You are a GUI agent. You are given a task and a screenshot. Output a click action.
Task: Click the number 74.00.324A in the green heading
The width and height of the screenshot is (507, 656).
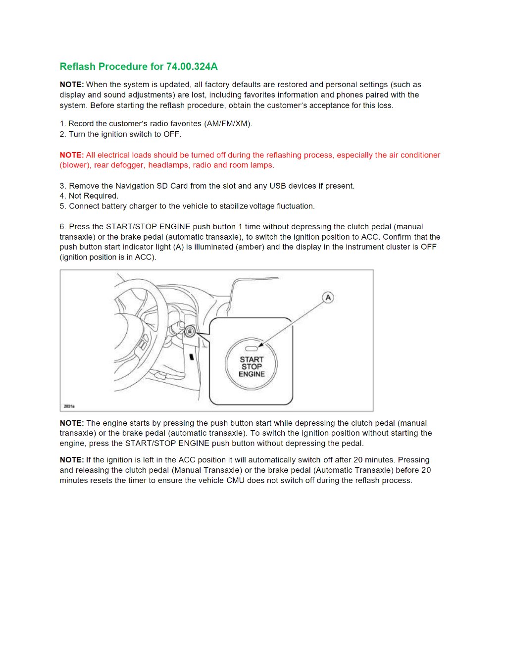[192, 66]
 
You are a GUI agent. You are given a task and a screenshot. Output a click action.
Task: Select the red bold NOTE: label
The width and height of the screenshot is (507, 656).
[72, 155]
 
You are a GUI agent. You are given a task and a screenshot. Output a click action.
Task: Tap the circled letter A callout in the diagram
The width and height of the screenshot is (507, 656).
[328, 298]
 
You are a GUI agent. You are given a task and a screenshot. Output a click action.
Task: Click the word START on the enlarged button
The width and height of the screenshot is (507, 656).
[252, 359]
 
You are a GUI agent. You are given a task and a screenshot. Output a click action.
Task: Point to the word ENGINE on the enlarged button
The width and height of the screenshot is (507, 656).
[252, 374]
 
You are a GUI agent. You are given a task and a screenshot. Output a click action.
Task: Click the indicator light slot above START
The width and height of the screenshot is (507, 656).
[252, 349]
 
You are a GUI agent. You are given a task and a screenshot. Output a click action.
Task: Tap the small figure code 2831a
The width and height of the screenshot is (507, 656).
[69, 406]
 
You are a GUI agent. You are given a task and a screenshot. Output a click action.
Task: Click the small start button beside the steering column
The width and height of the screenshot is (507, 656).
[190, 332]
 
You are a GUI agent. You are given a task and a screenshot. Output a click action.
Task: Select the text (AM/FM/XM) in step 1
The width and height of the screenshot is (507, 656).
[228, 124]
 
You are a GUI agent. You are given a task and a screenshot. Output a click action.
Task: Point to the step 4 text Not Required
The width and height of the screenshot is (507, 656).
[93, 196]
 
